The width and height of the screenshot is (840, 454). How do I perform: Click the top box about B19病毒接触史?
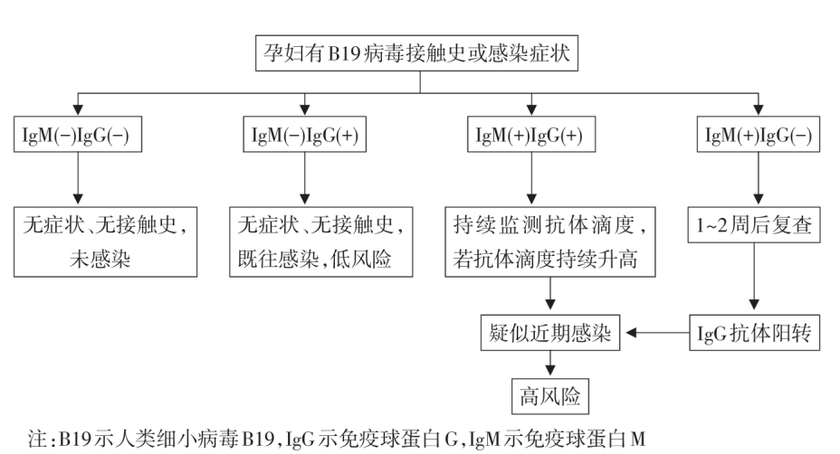click(x=420, y=53)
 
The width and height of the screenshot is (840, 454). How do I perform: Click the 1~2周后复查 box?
click(x=759, y=228)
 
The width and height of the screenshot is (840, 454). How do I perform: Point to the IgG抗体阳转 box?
click(x=759, y=334)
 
